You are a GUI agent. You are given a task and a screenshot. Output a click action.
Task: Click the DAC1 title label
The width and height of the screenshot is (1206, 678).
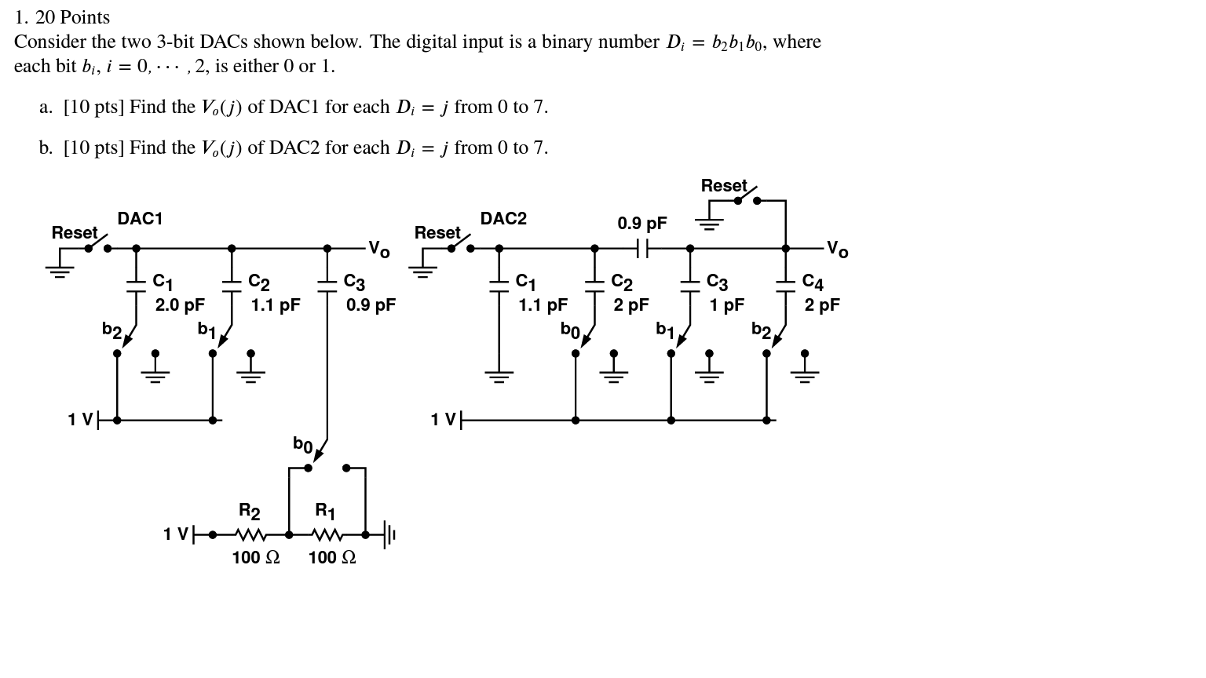[140, 219]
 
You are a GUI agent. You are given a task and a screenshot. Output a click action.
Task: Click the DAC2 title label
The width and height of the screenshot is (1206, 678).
[503, 219]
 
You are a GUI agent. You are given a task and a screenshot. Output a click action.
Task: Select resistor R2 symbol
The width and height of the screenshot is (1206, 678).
[250, 535]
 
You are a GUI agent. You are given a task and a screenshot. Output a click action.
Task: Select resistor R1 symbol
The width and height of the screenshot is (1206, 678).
[327, 535]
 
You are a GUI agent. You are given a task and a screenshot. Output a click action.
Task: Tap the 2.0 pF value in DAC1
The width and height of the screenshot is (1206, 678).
[180, 305]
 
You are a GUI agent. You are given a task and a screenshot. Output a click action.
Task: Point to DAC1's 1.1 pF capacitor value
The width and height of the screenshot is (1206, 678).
[275, 305]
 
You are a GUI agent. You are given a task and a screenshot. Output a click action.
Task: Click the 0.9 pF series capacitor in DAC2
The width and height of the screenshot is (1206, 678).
[642, 249]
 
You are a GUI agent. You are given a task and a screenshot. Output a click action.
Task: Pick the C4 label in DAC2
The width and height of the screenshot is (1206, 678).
[813, 282]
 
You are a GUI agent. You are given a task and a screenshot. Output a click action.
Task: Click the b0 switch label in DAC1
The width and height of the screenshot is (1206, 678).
[302, 445]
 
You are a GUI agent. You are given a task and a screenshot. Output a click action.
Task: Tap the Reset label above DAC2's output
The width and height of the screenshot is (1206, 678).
[723, 186]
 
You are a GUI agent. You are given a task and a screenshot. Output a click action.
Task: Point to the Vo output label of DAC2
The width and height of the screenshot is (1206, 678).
[837, 250]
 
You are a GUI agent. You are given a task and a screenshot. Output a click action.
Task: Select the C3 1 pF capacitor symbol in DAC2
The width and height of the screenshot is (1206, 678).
[690, 286]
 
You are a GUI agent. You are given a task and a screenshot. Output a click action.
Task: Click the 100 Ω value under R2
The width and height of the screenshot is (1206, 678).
[255, 558]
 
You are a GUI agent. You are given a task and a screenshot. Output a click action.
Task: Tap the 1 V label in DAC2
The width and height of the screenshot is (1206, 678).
[443, 421]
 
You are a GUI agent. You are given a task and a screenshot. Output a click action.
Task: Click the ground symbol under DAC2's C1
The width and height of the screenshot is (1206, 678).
[499, 377]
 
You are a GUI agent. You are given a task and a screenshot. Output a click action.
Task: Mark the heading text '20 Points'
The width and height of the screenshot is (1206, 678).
[72, 17]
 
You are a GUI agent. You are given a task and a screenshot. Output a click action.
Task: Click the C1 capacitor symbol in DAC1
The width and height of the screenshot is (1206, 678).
[136, 286]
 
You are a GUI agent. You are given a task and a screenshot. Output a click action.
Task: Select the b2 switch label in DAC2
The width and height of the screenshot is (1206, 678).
[760, 330]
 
